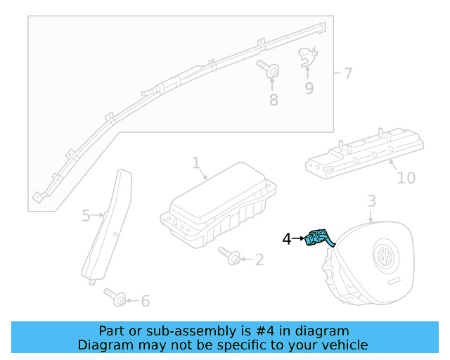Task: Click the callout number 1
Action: point(196,163)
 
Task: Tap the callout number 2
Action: point(259,260)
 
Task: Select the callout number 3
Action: point(372,202)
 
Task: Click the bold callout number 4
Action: point(287,239)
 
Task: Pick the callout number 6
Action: point(146,301)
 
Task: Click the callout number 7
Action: point(347,73)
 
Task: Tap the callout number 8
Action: point(274,100)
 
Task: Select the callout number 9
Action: point(309,88)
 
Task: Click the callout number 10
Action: point(406,177)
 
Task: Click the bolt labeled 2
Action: point(230,255)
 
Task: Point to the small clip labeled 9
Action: point(306,57)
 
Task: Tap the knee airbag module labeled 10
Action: point(362,155)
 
